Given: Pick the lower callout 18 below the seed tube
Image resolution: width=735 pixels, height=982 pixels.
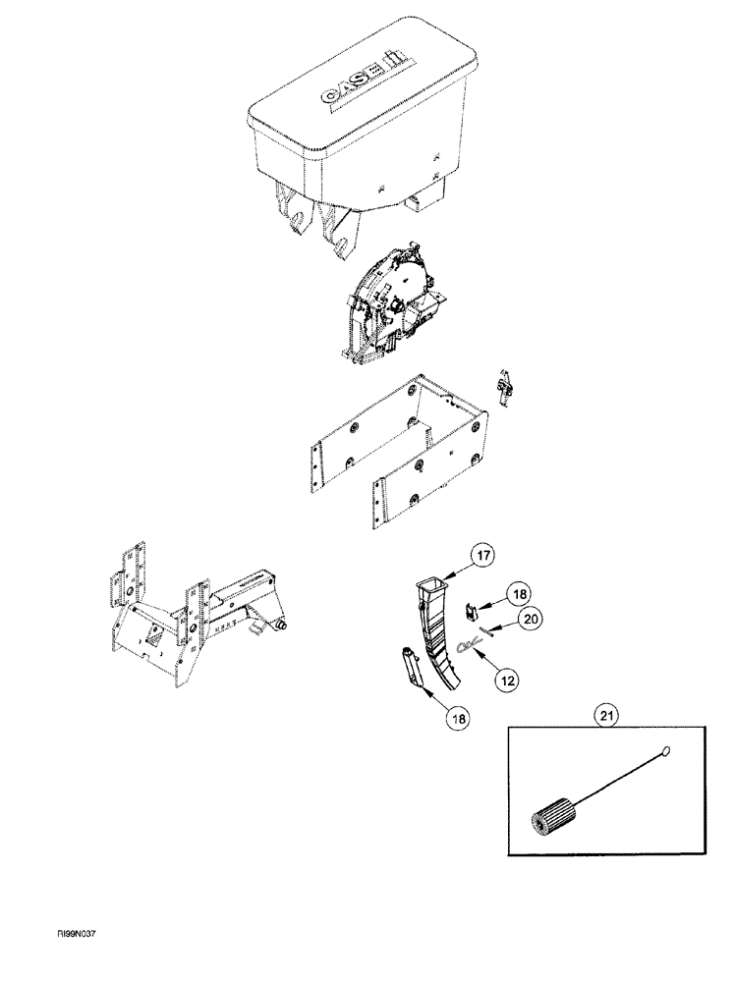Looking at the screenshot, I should click(x=458, y=718).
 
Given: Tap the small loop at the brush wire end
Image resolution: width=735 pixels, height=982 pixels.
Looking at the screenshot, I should click(x=666, y=752).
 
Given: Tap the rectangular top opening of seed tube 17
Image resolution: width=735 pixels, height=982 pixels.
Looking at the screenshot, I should click(x=433, y=587).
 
